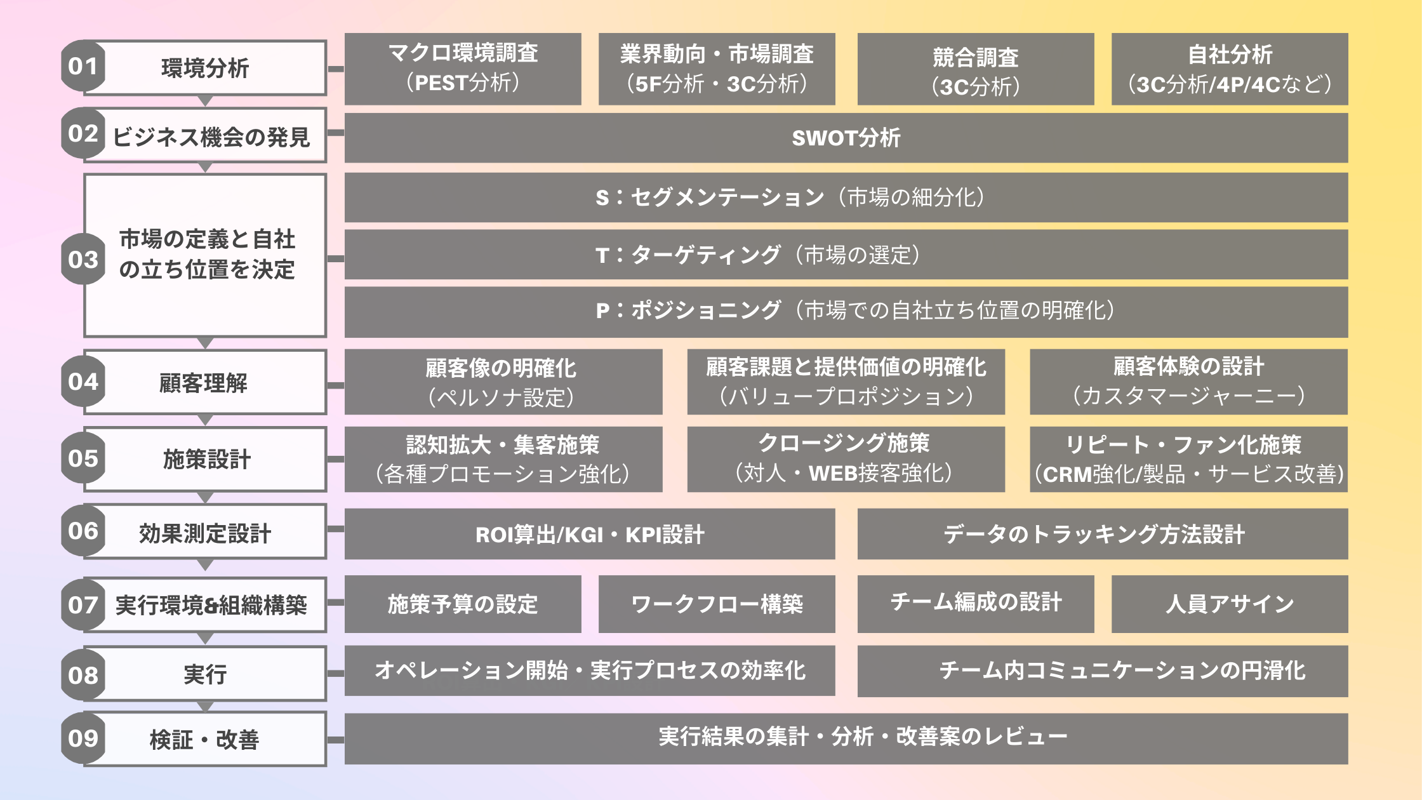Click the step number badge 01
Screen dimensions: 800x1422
(83, 66)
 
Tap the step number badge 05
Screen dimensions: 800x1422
(83, 458)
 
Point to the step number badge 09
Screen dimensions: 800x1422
(83, 738)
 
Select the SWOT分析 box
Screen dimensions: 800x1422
(846, 138)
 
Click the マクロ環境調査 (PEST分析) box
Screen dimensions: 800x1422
(463, 69)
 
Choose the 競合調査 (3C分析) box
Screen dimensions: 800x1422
(975, 69)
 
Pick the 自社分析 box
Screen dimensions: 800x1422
(1229, 69)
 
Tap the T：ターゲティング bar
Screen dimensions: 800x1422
(846, 255)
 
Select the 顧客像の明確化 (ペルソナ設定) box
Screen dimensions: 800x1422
(503, 382)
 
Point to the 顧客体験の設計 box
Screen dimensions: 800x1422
(1188, 382)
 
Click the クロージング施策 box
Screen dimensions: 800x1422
(846, 459)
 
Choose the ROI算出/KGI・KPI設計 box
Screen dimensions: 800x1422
(589, 534)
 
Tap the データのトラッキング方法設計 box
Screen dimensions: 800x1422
(1102, 534)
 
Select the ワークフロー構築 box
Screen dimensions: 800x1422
(716, 604)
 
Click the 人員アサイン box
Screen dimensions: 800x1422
(1229, 604)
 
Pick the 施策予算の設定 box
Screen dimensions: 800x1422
(463, 604)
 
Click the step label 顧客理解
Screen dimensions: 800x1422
(204, 383)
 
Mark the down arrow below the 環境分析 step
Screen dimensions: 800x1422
(205, 101)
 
